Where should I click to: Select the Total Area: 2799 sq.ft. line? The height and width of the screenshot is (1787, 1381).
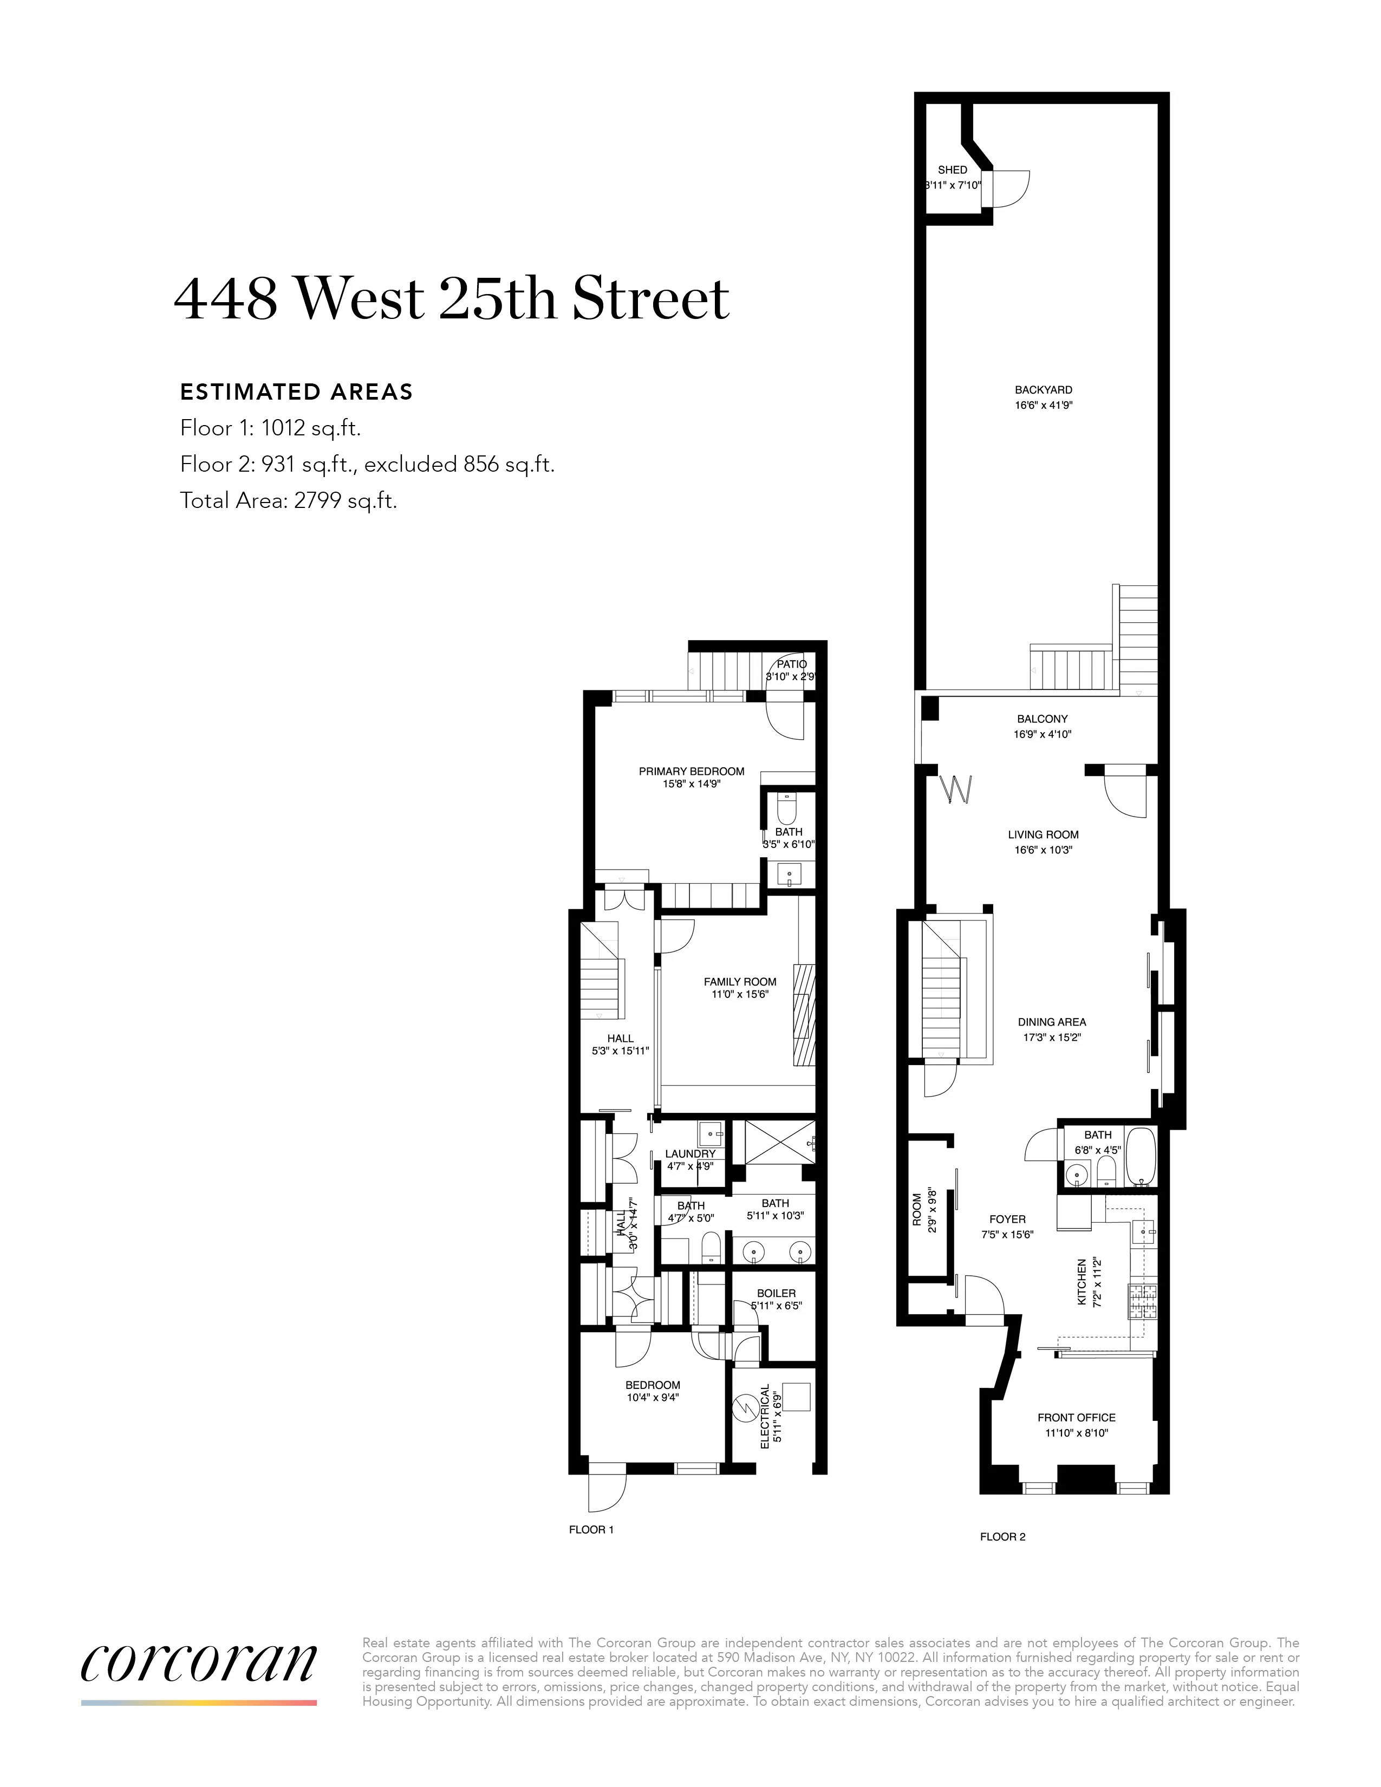click(288, 501)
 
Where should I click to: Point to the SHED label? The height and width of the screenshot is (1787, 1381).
click(952, 170)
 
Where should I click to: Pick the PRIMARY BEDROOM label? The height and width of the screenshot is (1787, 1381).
click(692, 771)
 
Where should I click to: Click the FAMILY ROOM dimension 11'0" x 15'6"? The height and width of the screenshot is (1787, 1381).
click(740, 995)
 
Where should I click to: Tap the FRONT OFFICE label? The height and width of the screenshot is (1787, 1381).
click(1076, 1417)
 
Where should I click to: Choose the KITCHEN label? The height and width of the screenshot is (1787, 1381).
click(1082, 1281)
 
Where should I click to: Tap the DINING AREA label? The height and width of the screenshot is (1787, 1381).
click(1051, 1022)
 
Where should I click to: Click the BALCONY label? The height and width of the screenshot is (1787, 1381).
click(1043, 719)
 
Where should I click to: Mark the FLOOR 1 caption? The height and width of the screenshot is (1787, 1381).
click(591, 1529)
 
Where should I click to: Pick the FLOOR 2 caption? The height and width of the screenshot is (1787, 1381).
click(1002, 1537)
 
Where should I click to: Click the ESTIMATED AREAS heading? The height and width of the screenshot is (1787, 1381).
click(296, 392)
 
